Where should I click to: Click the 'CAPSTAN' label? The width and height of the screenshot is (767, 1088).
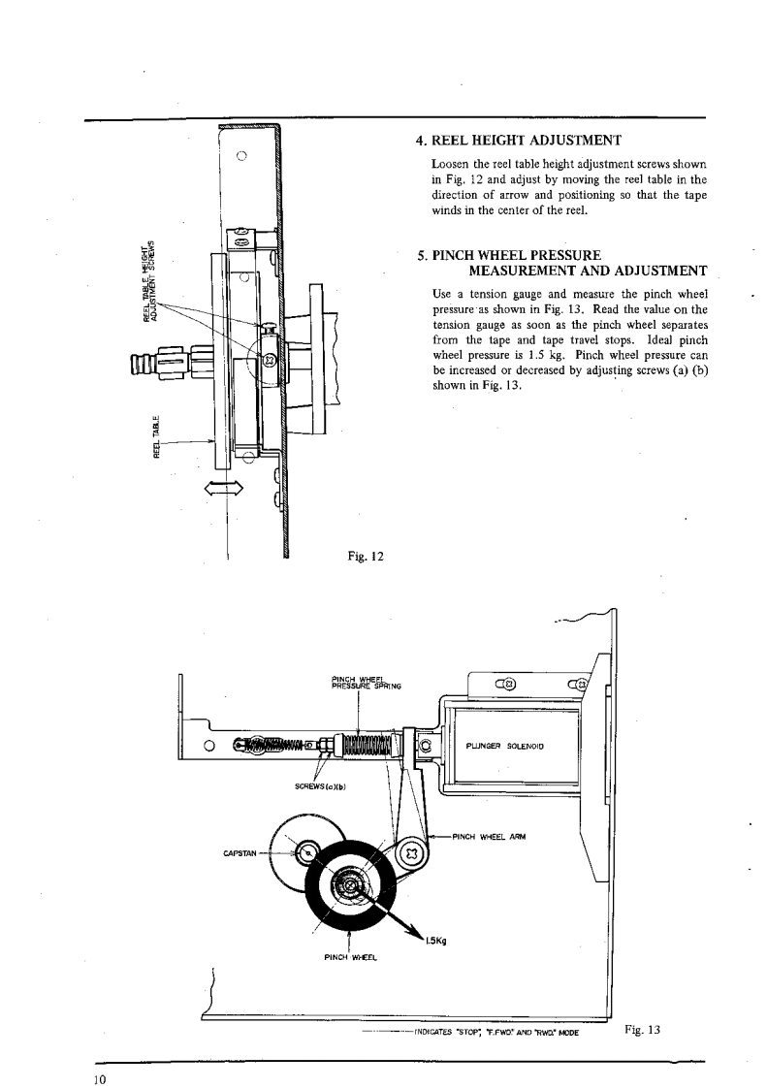[239, 855]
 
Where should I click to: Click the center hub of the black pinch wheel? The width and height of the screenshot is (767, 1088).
[347, 882]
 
